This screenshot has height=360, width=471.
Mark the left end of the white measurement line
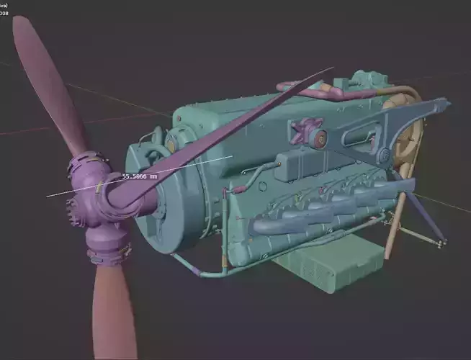[x=48, y=195]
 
